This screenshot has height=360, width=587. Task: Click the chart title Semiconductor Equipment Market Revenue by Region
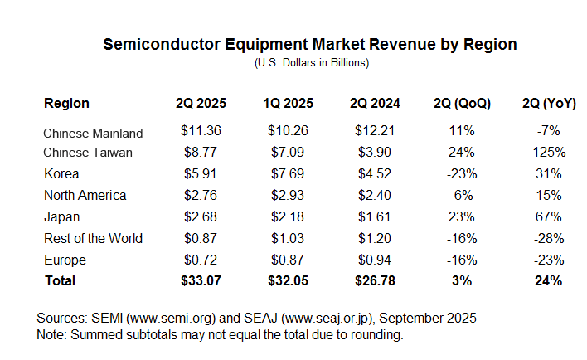point(309,45)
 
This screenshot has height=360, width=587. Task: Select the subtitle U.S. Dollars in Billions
point(310,62)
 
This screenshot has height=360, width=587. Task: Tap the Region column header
point(66,104)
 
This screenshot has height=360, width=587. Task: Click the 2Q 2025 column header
point(201,104)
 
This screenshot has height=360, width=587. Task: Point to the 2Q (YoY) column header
point(543,104)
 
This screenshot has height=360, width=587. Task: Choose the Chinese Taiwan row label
point(87,153)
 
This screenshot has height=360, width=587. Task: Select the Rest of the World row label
point(93,238)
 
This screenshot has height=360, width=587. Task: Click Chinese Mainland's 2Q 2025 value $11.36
point(201,131)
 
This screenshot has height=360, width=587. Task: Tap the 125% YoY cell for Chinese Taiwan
point(549,153)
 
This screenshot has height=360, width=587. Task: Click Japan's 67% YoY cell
point(549,216)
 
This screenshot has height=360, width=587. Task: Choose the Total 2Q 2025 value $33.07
point(201,280)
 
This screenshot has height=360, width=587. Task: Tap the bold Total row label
point(60,280)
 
